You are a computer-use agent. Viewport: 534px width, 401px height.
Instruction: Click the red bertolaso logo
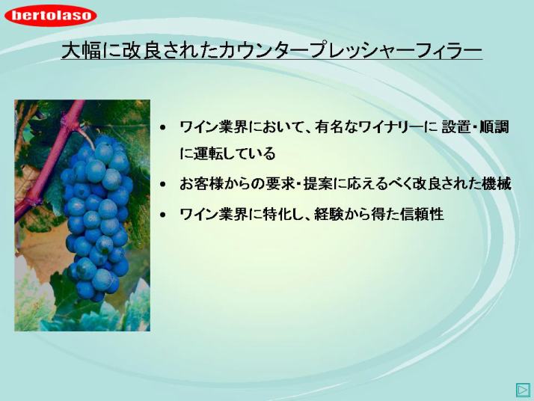tap(50, 15)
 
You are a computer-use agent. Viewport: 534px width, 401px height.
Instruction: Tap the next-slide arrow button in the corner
tap(523, 390)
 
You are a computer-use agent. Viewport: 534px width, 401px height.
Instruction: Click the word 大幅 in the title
tap(81, 51)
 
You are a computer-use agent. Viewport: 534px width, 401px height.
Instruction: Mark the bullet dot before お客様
tap(163, 185)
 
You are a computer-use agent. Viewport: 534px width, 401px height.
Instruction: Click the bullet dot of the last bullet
tap(163, 215)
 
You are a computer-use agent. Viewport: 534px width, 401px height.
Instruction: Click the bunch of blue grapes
tap(97, 218)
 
